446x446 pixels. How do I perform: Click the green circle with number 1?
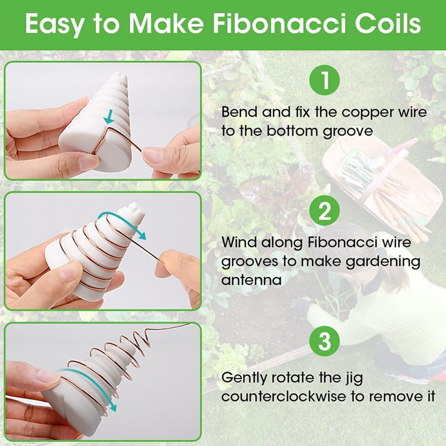tap(324, 80)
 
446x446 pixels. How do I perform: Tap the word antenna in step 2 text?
tap(251, 280)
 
